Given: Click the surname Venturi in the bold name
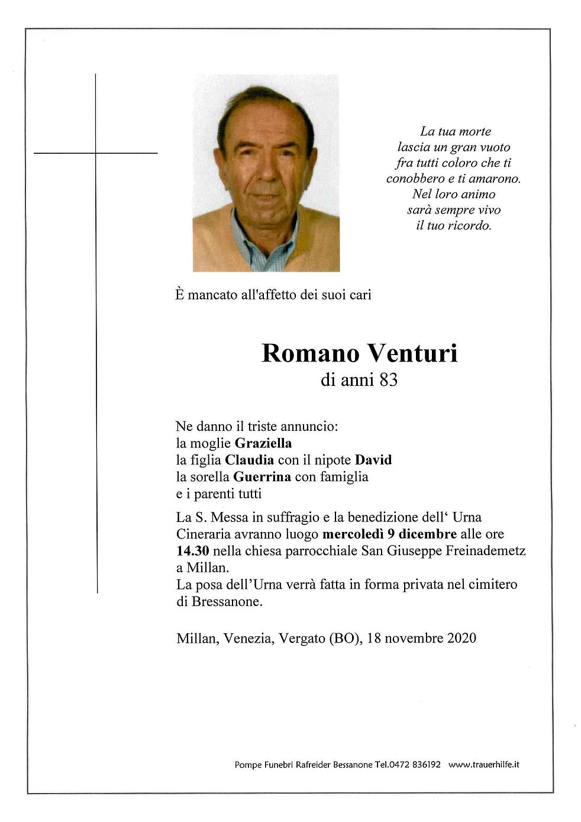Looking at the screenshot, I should tap(412, 353).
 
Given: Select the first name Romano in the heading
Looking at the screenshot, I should tap(310, 353).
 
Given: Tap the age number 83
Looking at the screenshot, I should tap(389, 380).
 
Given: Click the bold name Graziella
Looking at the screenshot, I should tap(263, 443).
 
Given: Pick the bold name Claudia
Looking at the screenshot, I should tap(249, 460).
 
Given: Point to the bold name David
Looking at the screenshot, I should tap(373, 460).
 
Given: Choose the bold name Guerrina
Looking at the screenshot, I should tap(262, 476).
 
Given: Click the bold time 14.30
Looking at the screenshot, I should tap(192, 551).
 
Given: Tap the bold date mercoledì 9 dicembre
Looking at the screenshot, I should tap(389, 534).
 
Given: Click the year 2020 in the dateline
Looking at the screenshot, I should tap(461, 638).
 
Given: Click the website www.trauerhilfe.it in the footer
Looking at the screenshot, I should tap(483, 765).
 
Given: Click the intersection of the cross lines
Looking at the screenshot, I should tap(96, 153).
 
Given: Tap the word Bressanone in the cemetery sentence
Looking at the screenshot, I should tap(227, 601).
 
